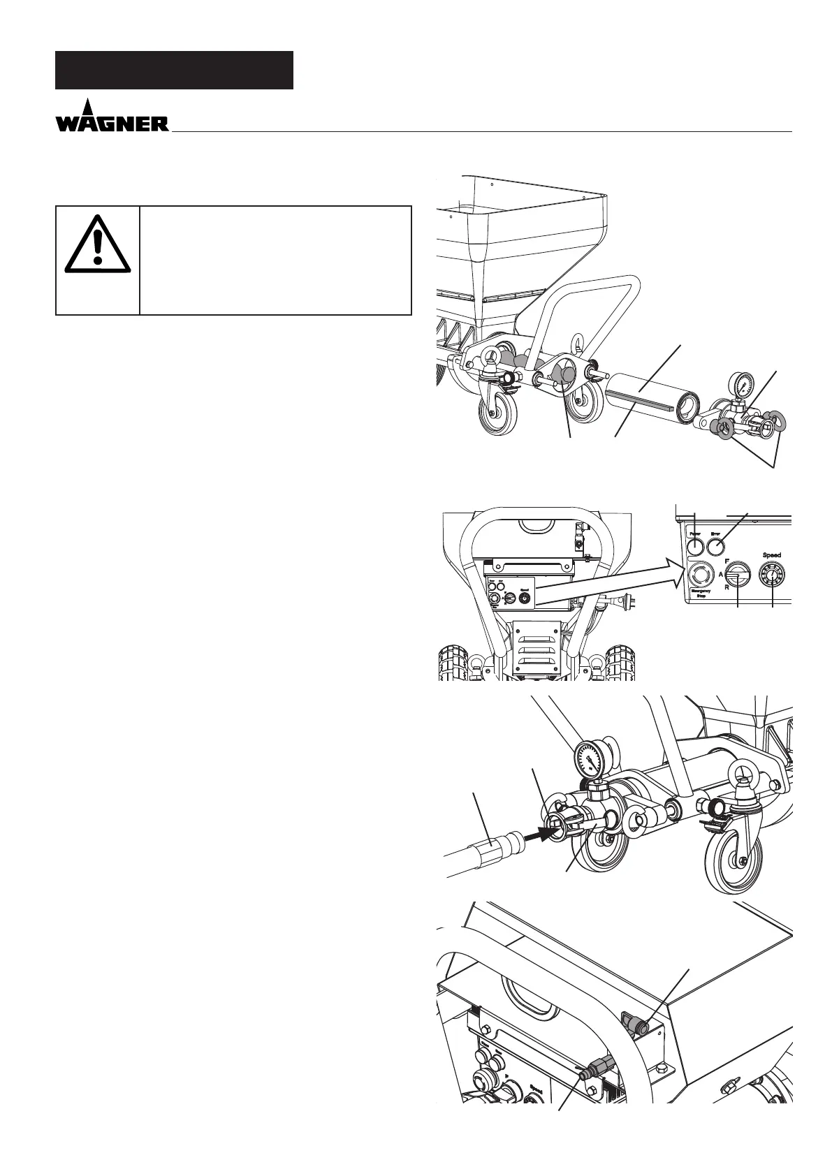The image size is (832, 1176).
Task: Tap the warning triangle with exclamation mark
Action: click(98, 245)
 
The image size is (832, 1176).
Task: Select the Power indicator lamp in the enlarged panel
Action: click(696, 543)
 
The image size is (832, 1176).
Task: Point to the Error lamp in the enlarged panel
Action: click(716, 543)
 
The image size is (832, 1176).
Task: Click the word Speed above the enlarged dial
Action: click(771, 555)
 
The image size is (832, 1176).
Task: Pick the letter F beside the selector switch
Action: click(727, 560)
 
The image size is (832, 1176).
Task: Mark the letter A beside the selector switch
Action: click(721, 575)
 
